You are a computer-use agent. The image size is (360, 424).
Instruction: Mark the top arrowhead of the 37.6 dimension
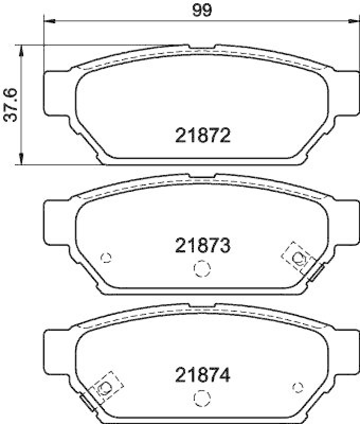pyautogui.click(x=21, y=49)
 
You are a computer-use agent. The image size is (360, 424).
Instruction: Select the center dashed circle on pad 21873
pyautogui.click(x=201, y=269)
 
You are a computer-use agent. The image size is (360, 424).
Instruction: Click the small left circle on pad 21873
pyautogui.click(x=106, y=258)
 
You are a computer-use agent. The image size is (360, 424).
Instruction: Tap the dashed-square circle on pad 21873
pyautogui.click(x=298, y=258)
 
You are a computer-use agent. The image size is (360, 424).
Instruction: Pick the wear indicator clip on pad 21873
pyautogui.click(x=317, y=273)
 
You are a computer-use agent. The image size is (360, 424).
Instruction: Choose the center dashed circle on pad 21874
pyautogui.click(x=201, y=399)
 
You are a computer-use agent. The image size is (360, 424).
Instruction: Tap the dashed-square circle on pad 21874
pyautogui.click(x=104, y=388)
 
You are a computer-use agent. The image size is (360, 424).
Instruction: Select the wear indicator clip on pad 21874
pyautogui.click(x=86, y=403)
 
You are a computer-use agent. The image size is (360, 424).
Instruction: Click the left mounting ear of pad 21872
pyautogui.click(x=56, y=92)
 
